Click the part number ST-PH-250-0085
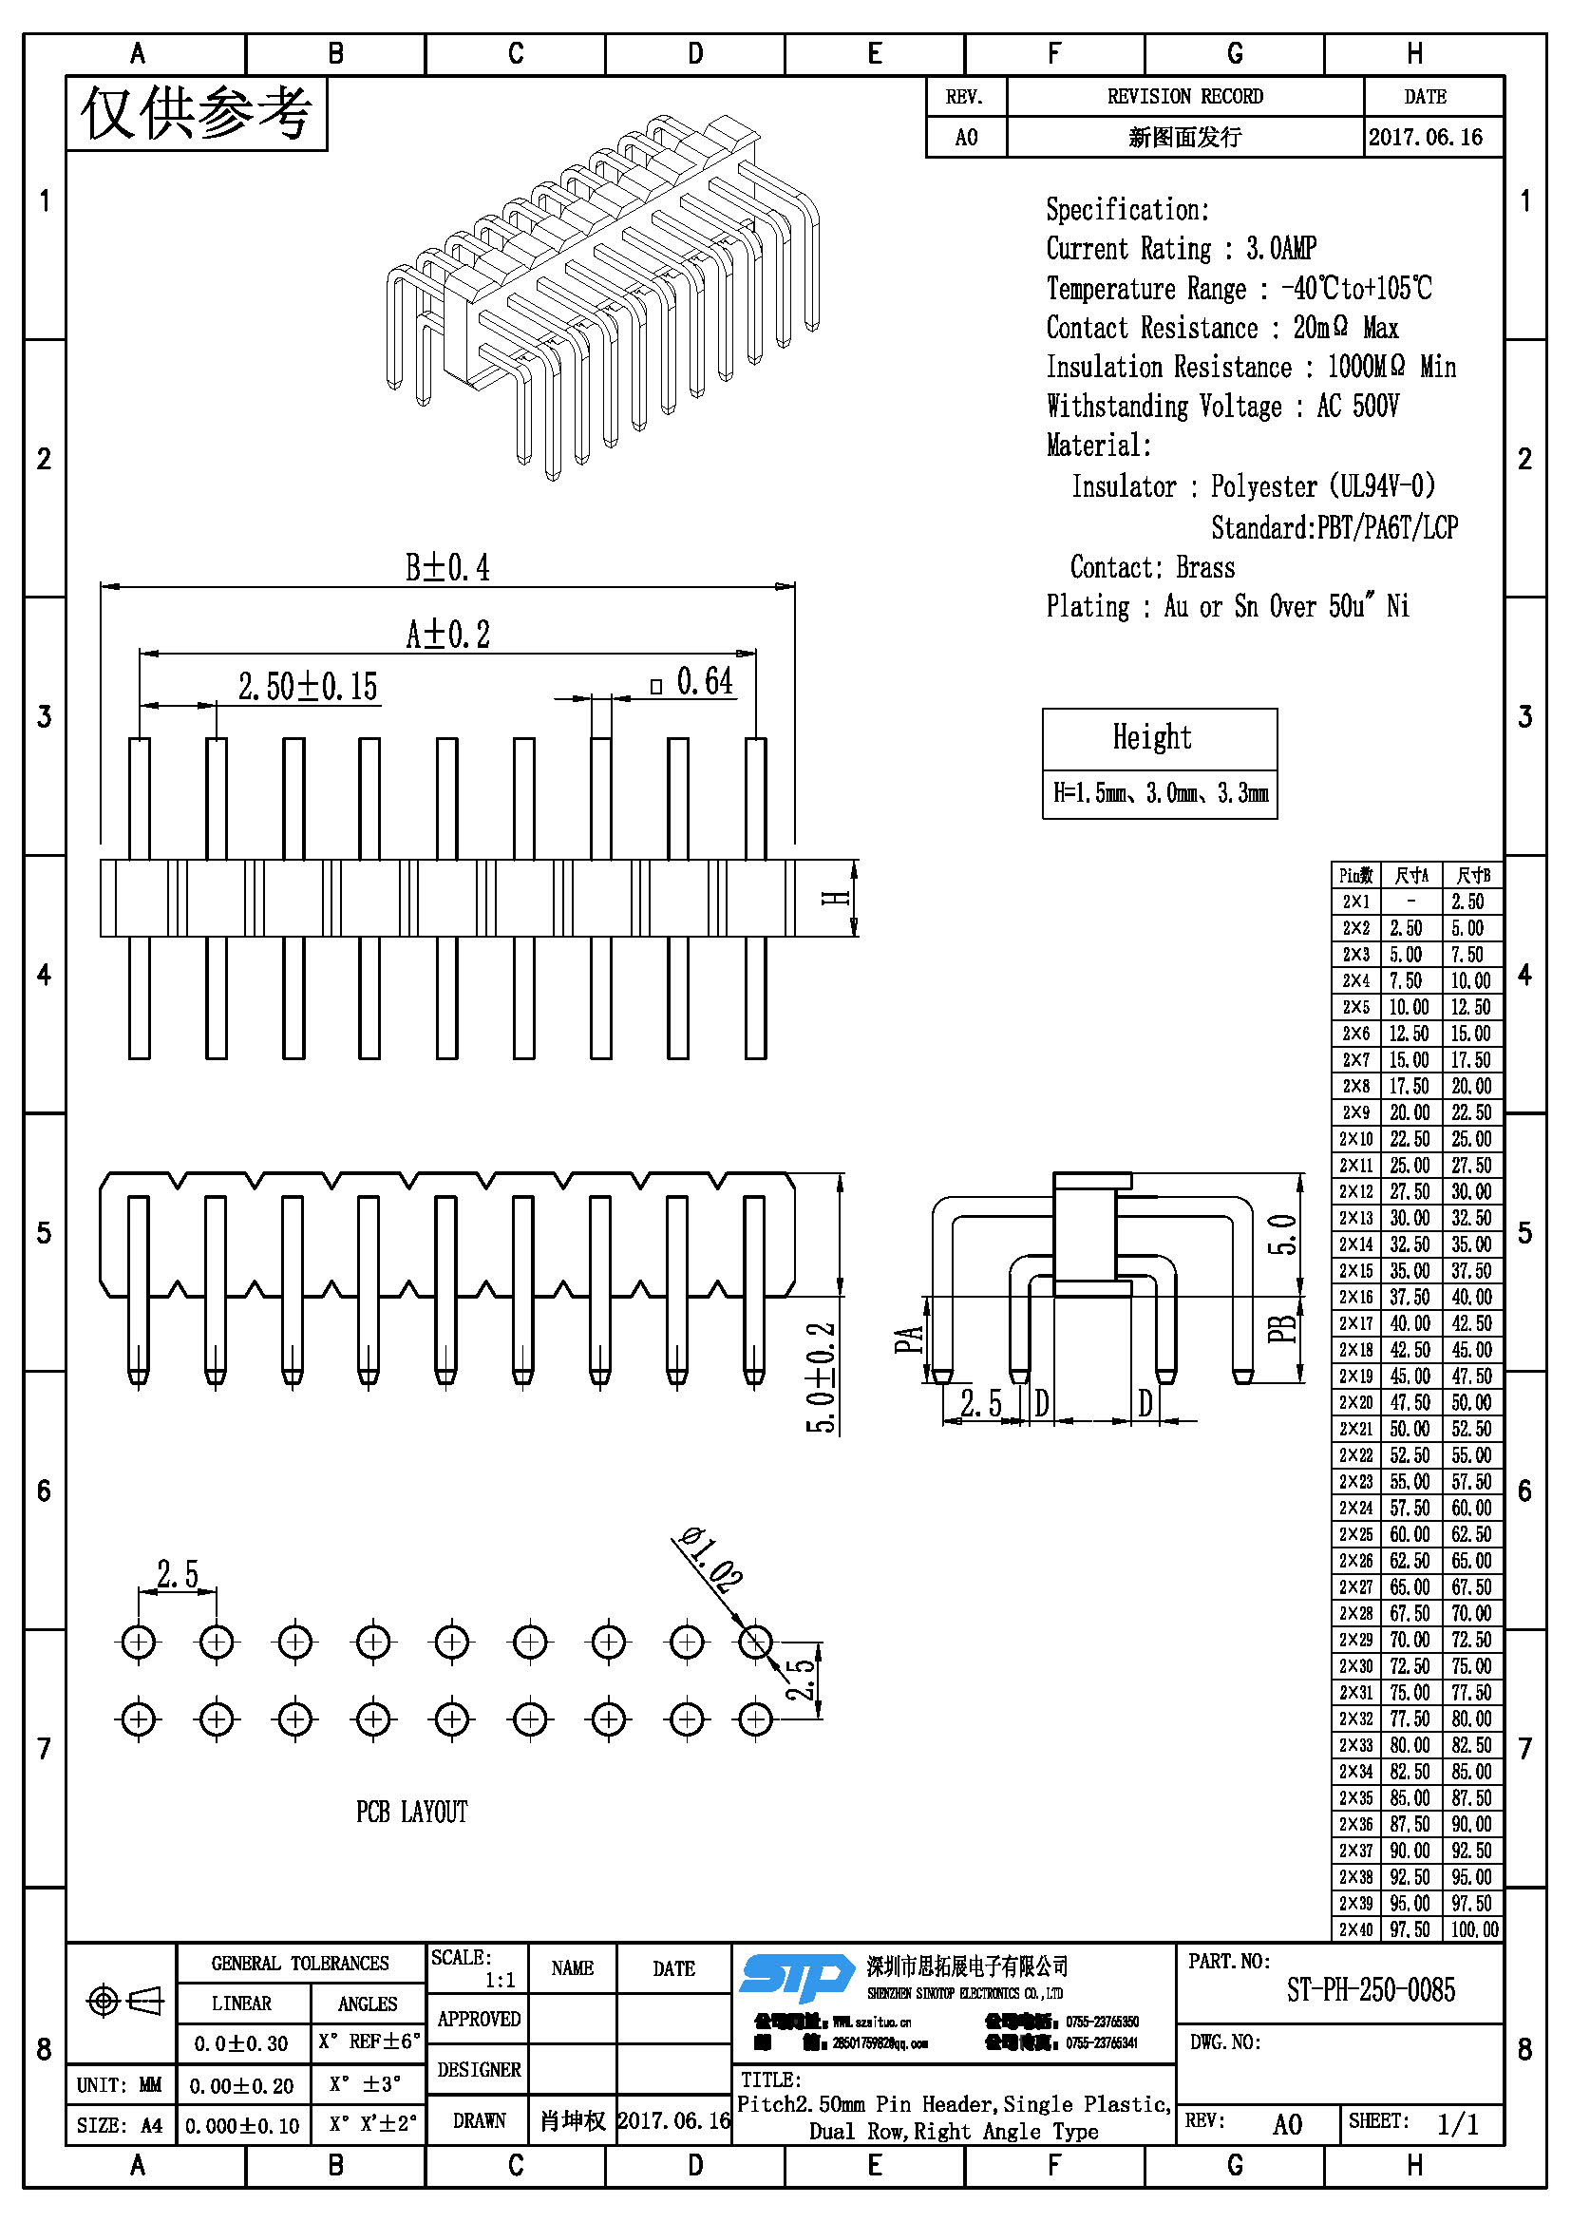tap(1370, 1991)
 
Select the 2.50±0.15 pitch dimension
tap(308, 686)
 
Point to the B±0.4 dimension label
tap(447, 567)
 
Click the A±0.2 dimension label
tap(447, 635)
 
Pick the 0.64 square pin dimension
tap(703, 681)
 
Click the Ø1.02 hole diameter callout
tap(712, 1559)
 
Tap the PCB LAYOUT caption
tap(411, 1812)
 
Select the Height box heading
tap(1151, 737)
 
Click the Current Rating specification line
tap(1181, 249)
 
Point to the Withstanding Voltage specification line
tap(1221, 406)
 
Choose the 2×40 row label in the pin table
tap(1355, 1928)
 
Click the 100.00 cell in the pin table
tap(1473, 1928)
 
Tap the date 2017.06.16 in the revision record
tap(1425, 138)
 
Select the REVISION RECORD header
tap(1184, 97)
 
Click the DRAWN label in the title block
tap(479, 2120)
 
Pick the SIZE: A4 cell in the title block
tap(120, 2125)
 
